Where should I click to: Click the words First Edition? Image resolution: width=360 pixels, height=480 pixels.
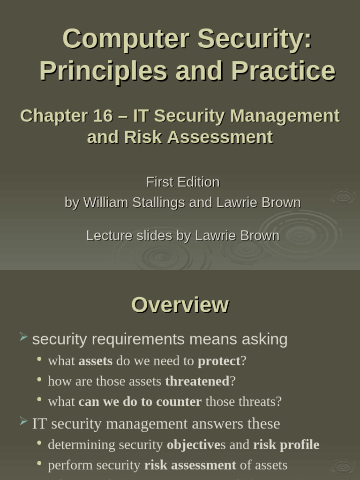tap(183, 182)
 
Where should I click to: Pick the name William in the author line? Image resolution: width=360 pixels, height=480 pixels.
tap(106, 202)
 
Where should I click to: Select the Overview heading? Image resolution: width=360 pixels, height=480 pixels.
tap(180, 305)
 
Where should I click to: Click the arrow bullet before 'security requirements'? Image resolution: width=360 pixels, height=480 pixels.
tap(23, 337)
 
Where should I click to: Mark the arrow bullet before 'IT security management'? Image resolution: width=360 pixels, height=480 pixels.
tap(23, 421)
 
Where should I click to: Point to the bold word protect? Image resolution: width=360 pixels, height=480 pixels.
tap(219, 361)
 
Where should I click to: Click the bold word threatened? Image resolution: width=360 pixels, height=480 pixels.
tap(197, 381)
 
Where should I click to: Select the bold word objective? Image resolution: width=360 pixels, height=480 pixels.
tap(193, 444)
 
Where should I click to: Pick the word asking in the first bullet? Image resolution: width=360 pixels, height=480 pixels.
tap(266, 339)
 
